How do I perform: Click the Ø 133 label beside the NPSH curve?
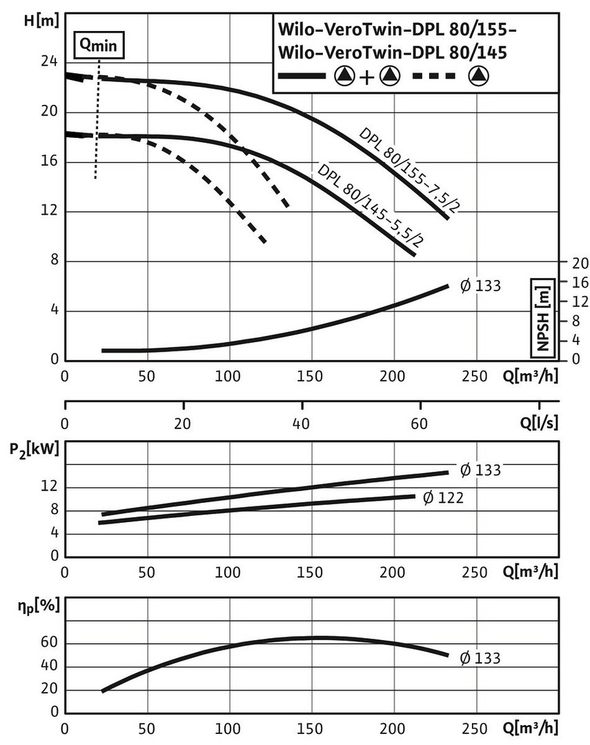pos(480,286)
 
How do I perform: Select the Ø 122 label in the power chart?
pos(444,497)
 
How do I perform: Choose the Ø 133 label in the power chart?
pos(480,470)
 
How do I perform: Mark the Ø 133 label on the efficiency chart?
pos(480,657)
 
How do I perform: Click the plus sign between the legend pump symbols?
pos(365,77)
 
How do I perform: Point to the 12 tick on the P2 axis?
pos(48,488)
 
